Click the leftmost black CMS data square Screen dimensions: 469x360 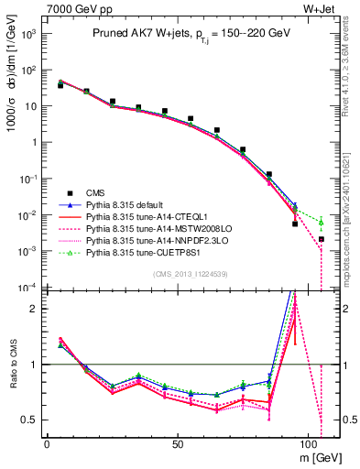click(60, 85)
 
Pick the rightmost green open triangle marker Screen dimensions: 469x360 click(322, 222)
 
